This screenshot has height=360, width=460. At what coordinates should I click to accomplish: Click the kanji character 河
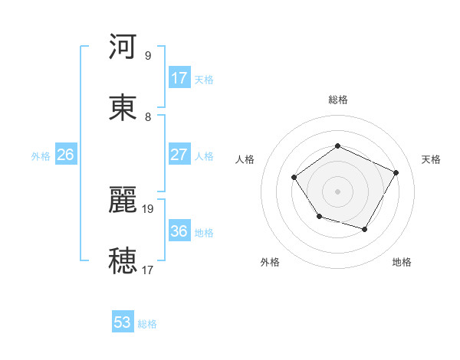pos(123,47)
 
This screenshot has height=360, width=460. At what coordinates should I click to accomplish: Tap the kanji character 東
pos(123,107)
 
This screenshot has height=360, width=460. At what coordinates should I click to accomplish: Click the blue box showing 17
pos(179,78)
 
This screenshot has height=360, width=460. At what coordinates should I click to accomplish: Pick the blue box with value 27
pos(179,155)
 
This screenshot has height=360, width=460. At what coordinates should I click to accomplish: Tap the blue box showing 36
pos(179,231)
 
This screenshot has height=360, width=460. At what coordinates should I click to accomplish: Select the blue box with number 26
pos(65,155)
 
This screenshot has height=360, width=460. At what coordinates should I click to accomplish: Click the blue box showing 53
pos(123,322)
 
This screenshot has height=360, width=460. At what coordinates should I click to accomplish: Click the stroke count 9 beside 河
pos(147,55)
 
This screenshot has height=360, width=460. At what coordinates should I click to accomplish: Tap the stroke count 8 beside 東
pos(147,116)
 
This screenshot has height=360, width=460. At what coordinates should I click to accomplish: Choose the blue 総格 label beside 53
pos(148,324)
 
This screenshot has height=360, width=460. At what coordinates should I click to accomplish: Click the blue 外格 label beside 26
pos(41,156)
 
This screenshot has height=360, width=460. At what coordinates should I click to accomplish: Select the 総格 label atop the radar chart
pos(337,100)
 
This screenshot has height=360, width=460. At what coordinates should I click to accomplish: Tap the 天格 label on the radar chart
pos(431,159)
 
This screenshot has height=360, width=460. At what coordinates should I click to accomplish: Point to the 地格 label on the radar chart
pos(402,262)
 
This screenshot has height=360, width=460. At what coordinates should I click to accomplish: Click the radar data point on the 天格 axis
pos(396,172)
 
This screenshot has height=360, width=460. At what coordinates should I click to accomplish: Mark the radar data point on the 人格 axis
pos(294,178)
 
